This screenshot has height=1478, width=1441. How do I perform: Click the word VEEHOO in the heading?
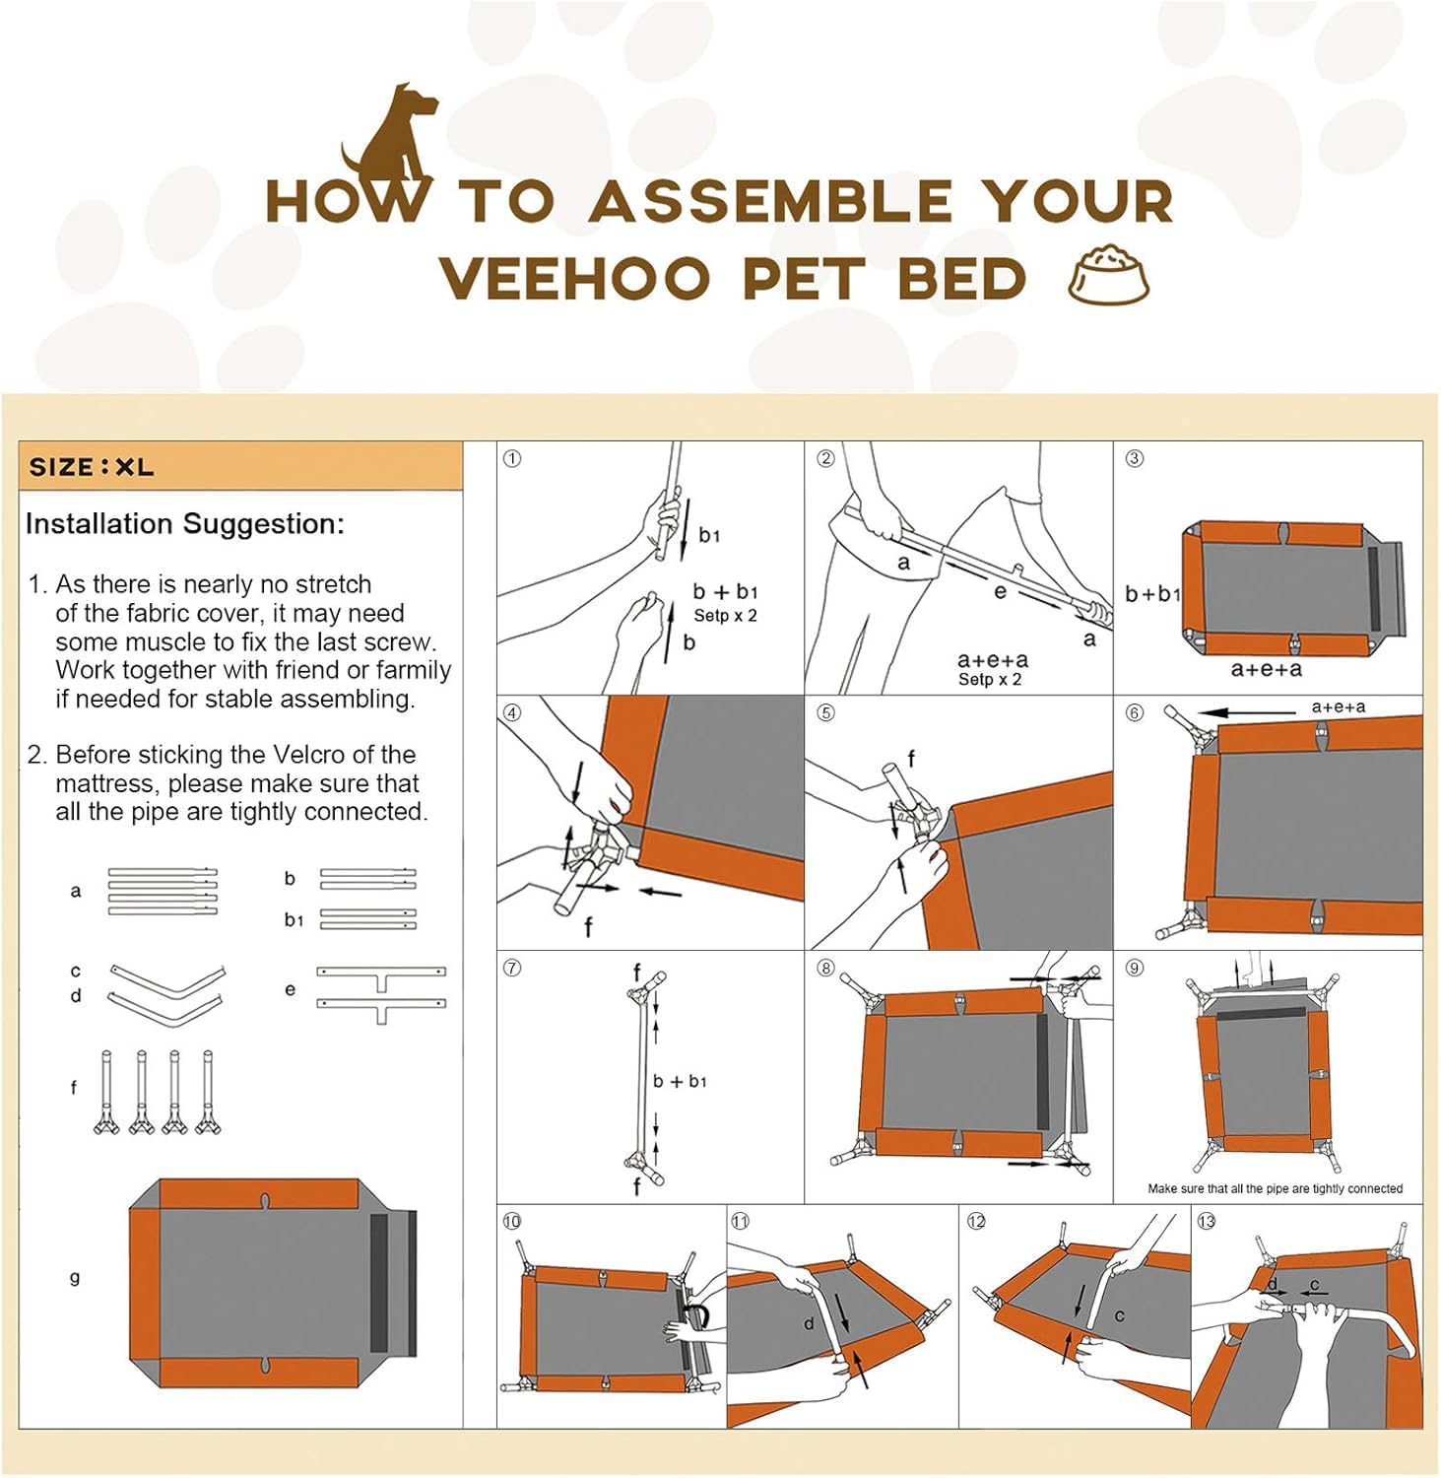point(574,278)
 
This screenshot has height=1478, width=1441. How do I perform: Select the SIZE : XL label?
point(92,467)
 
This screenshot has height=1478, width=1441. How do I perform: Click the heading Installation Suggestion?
point(185,523)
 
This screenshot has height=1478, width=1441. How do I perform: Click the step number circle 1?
point(512,459)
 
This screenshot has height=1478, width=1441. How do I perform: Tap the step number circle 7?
point(512,968)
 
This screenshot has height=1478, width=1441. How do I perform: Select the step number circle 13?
point(1207,1222)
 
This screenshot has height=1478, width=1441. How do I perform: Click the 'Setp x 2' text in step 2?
point(989,680)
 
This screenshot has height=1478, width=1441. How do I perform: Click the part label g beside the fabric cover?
point(74,1277)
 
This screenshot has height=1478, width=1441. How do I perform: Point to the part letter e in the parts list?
point(290,989)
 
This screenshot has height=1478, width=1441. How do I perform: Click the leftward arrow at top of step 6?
point(1245,711)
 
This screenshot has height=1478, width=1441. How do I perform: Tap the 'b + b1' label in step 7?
point(680,1081)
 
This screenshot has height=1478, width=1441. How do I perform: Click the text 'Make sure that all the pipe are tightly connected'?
point(1275,1188)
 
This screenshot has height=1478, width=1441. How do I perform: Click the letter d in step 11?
point(809,1323)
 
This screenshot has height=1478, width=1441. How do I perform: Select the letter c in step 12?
point(1119,1315)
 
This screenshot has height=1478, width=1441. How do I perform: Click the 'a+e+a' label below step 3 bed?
point(1266,669)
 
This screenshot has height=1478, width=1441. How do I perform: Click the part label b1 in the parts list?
point(294,920)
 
